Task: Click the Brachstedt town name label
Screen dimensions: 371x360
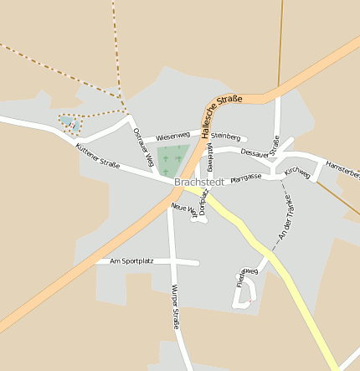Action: pyautogui.click(x=199, y=182)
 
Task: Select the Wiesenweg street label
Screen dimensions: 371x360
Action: pyautogui.click(x=172, y=135)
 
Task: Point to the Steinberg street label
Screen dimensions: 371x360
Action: pyautogui.click(x=226, y=137)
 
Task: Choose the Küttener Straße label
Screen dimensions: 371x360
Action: pyautogui.click(x=97, y=154)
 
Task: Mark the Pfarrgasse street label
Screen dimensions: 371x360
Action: pyautogui.click(x=245, y=177)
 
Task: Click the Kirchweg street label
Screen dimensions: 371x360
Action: pyautogui.click(x=297, y=173)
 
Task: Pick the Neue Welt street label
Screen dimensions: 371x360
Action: pyautogui.click(x=184, y=210)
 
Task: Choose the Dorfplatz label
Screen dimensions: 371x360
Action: pyautogui.click(x=203, y=203)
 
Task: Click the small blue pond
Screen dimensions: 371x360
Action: pyautogui.click(x=66, y=121)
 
